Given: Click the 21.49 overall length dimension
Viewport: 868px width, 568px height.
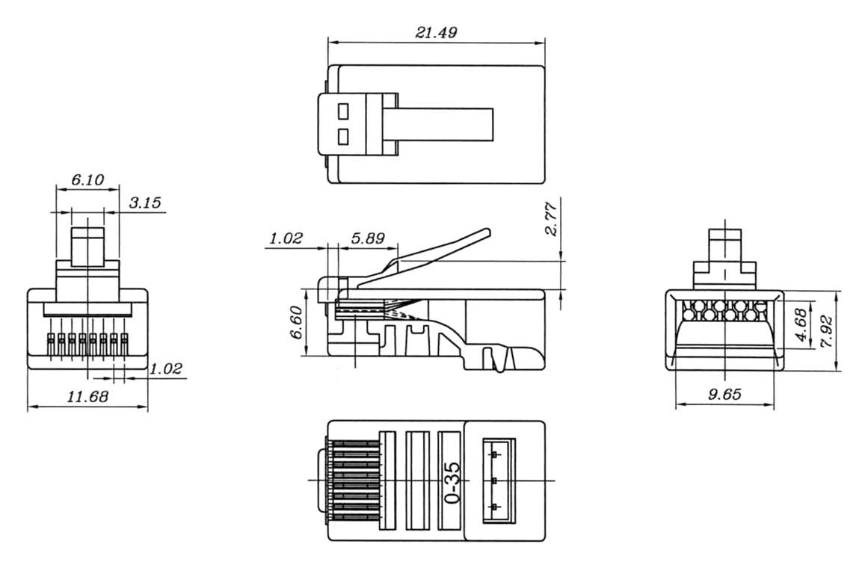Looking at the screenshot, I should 436,32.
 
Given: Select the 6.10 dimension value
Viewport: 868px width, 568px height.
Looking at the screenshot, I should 87,179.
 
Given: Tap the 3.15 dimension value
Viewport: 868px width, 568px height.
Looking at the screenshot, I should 145,203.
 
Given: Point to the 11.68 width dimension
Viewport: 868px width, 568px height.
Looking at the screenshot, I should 87,396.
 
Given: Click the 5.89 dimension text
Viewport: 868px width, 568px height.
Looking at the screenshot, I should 368,238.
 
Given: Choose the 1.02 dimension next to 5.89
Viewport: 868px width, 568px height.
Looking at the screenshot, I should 286,238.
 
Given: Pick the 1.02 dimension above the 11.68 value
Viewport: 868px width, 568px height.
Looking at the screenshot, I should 165,368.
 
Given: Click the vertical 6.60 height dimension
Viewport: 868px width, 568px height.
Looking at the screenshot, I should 297,322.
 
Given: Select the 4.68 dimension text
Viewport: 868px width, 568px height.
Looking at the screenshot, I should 801,326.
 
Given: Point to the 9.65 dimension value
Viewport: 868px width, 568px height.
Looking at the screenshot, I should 724,395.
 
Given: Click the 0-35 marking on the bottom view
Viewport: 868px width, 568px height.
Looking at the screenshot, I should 452,481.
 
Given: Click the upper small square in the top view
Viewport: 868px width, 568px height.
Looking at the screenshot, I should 343,111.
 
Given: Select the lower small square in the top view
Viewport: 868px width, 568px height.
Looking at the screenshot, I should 343,137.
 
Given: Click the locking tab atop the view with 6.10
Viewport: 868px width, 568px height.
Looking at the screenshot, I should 87,246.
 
